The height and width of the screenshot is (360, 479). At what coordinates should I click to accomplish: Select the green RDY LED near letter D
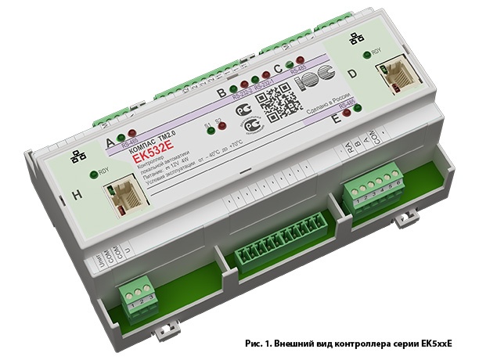pyautogui.click(x=367, y=53)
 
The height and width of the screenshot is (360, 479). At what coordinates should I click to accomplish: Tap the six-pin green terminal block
pyautogui.click(x=367, y=192)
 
